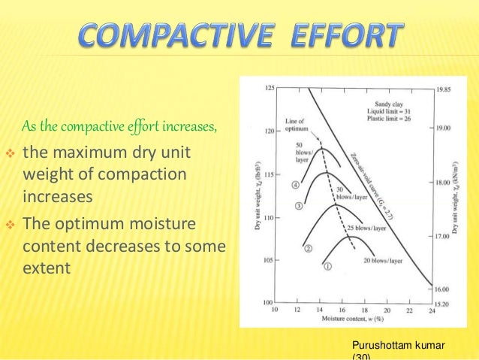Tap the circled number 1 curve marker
click(x=326, y=265)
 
